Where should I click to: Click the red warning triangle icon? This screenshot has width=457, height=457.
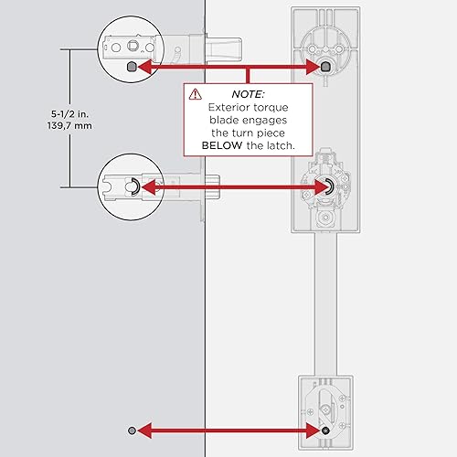click(x=195, y=93)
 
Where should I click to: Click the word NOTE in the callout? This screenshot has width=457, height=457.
click(x=248, y=93)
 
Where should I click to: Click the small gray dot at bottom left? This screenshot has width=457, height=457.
click(x=133, y=430)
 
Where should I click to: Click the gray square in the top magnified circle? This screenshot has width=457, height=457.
click(x=133, y=67)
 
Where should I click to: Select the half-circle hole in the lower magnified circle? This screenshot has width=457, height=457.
click(x=133, y=186)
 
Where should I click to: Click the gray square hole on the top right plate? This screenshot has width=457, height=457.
click(x=325, y=66)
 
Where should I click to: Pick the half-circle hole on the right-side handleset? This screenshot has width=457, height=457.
click(x=325, y=186)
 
